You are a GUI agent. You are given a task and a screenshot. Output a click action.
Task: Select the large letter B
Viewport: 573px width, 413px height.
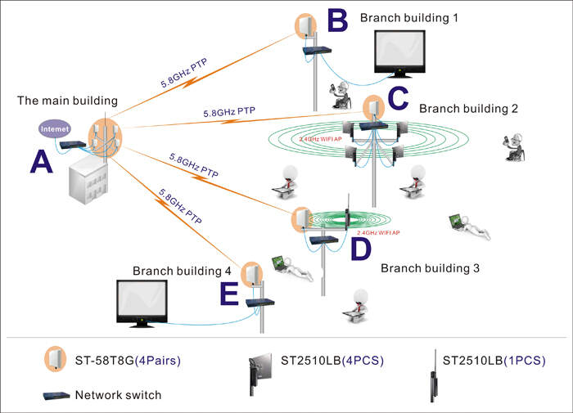pos(336,20)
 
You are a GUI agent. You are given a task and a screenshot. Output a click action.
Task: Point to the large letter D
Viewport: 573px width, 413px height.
pos(360,249)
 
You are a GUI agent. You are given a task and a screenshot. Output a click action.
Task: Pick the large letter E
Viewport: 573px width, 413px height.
pos(230,293)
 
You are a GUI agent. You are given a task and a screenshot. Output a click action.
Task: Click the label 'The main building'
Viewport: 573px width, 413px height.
pos(67,101)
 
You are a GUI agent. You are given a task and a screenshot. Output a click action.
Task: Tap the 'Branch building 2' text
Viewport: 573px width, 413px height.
pos(469,109)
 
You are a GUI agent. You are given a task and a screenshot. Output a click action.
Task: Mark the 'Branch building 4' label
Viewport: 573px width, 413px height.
pos(182,270)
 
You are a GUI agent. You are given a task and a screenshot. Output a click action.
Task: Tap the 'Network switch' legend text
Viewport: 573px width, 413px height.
pos(118,395)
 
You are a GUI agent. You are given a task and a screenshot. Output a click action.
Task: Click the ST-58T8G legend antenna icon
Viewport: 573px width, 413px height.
pos(56,360)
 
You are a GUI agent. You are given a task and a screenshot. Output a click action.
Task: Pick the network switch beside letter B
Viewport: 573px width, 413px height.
pos(314,51)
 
